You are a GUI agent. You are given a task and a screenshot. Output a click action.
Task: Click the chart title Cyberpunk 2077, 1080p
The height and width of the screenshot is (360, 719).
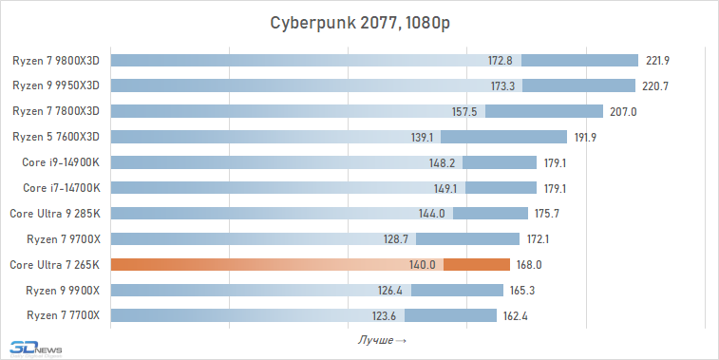[359, 23]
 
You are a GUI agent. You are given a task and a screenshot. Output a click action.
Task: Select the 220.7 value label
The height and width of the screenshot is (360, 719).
[657, 85]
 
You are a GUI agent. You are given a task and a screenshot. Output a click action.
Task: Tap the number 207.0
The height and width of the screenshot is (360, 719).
[623, 111]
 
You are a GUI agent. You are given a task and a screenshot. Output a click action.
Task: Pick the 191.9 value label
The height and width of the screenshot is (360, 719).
[587, 137]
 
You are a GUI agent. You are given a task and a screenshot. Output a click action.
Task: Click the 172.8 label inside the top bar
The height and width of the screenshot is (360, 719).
[501, 61]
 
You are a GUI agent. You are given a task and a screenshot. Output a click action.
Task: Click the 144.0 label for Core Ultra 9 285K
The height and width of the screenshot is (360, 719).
[432, 214]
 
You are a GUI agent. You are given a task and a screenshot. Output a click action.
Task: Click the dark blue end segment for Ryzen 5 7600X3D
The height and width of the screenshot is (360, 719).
[541, 137]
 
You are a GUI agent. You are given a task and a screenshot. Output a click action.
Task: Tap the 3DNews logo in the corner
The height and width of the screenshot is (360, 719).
[32, 349]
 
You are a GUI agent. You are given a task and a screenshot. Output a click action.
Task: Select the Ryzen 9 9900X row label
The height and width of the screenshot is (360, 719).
[63, 290]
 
